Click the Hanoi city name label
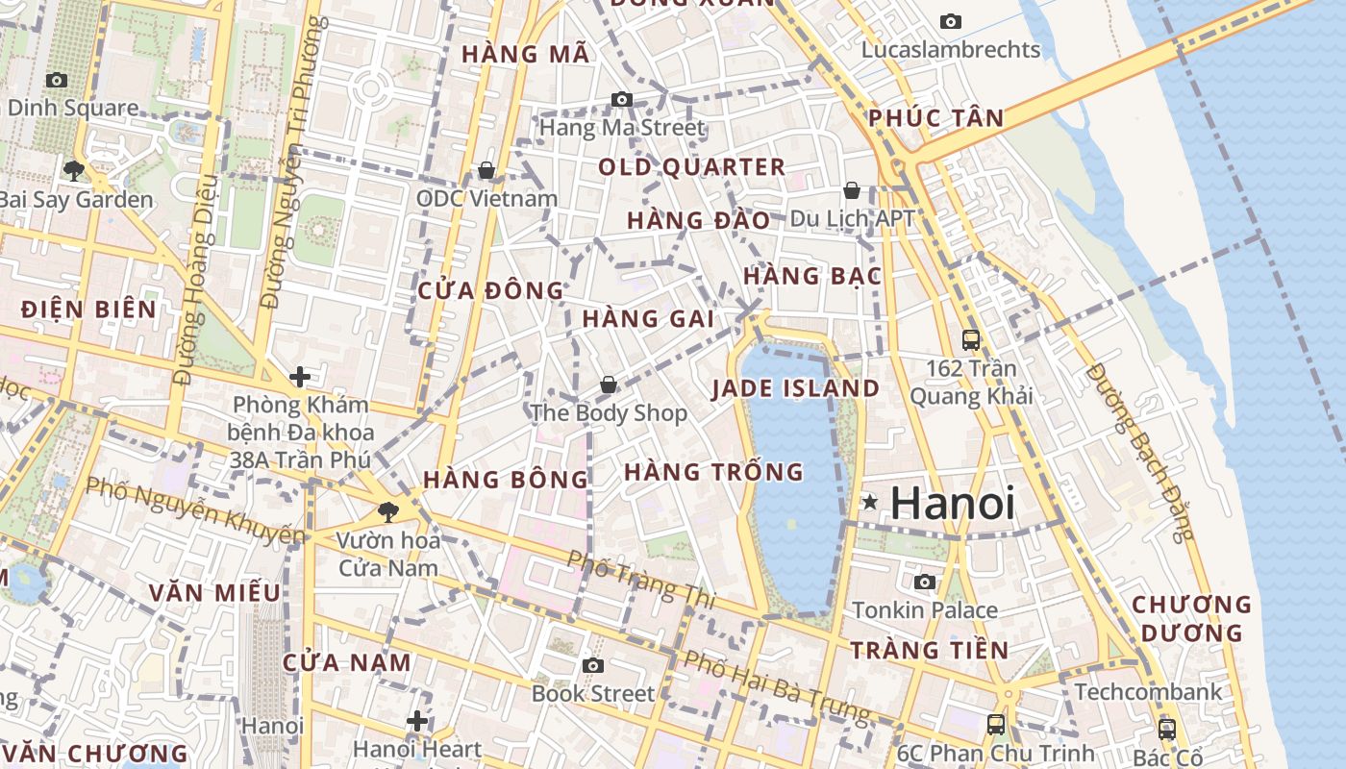(x=952, y=504)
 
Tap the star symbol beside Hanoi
(x=870, y=502)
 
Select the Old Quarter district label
(x=691, y=167)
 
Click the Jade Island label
(x=795, y=388)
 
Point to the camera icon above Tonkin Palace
(x=925, y=582)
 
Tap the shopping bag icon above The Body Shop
(x=609, y=384)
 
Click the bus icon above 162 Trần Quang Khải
(x=971, y=339)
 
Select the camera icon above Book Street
(x=593, y=665)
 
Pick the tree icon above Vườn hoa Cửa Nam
(x=388, y=511)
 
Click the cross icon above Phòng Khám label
(x=300, y=376)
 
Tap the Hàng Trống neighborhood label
(x=713, y=472)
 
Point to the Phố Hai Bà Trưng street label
(x=776, y=687)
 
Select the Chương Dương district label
(x=1191, y=619)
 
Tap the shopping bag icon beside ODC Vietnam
(x=486, y=171)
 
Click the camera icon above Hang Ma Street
(x=622, y=99)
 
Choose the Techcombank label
(x=1148, y=692)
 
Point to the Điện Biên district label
(x=87, y=310)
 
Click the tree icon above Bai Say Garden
(x=73, y=171)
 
